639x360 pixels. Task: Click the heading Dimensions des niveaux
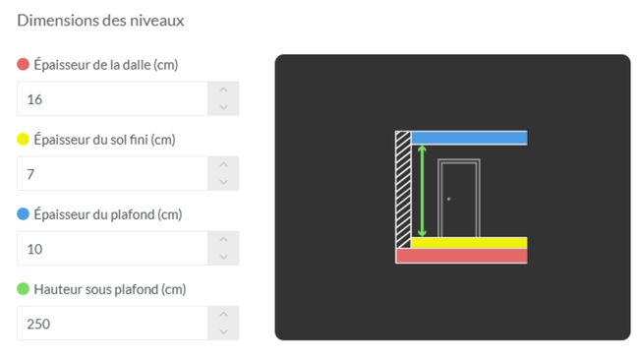click(x=100, y=21)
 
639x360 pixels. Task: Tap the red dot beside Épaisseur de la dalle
click(x=24, y=64)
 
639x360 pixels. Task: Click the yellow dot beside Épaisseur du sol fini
click(x=24, y=139)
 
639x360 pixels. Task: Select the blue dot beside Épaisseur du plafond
click(x=24, y=214)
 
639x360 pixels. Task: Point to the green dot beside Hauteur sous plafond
click(x=24, y=288)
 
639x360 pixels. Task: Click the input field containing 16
click(x=113, y=98)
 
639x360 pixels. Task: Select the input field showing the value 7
click(x=113, y=174)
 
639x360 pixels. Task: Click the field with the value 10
click(x=113, y=248)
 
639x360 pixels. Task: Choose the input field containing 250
click(x=113, y=324)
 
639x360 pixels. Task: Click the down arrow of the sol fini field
click(x=223, y=182)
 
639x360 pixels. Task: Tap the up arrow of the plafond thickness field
click(x=223, y=240)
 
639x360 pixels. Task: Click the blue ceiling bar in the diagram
click(x=469, y=138)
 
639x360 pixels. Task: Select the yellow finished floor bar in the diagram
click(x=469, y=243)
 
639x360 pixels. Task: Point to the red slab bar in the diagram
click(x=461, y=256)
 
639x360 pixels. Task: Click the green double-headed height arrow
click(x=422, y=191)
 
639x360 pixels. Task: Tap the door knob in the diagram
click(x=448, y=199)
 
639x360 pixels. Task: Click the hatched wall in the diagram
click(x=403, y=189)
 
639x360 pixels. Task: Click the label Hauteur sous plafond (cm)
click(x=110, y=289)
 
